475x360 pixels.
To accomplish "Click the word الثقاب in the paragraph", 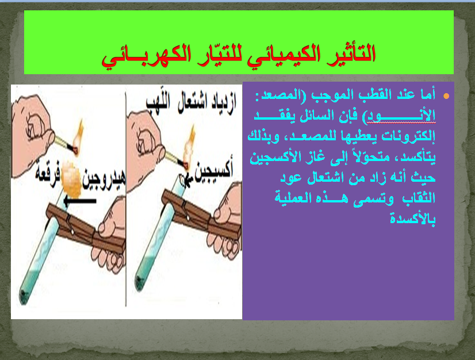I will [424, 197].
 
